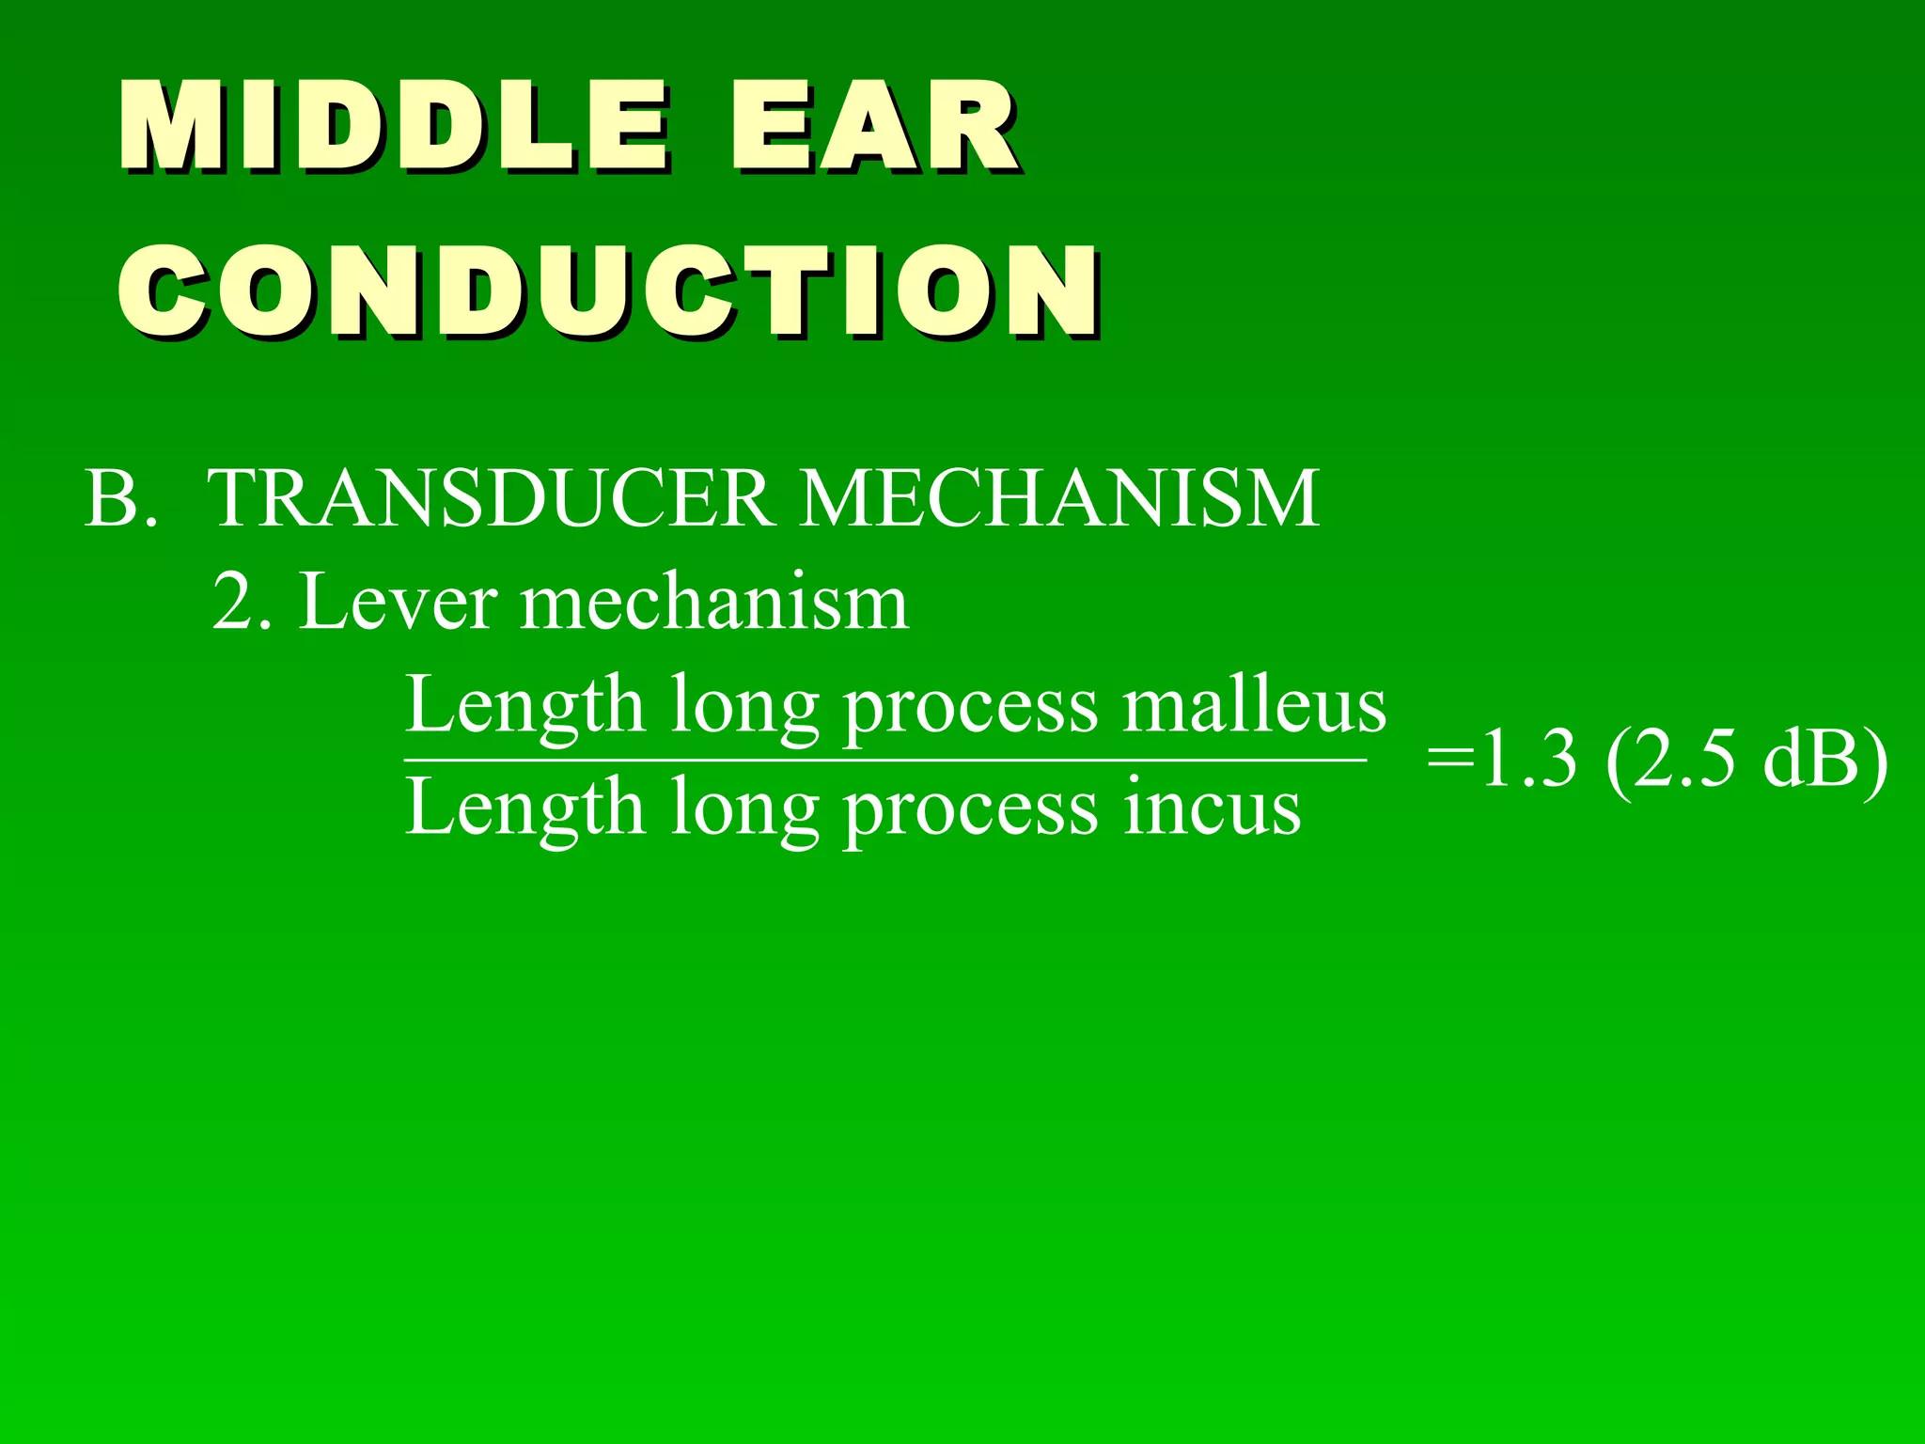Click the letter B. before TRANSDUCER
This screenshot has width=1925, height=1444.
point(120,498)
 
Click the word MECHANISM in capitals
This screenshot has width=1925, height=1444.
point(1060,498)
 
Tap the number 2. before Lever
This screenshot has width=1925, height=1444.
point(242,602)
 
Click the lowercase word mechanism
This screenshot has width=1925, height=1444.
point(714,604)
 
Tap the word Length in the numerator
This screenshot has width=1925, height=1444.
point(524,707)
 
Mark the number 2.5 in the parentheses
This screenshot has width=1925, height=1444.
point(1682,760)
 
